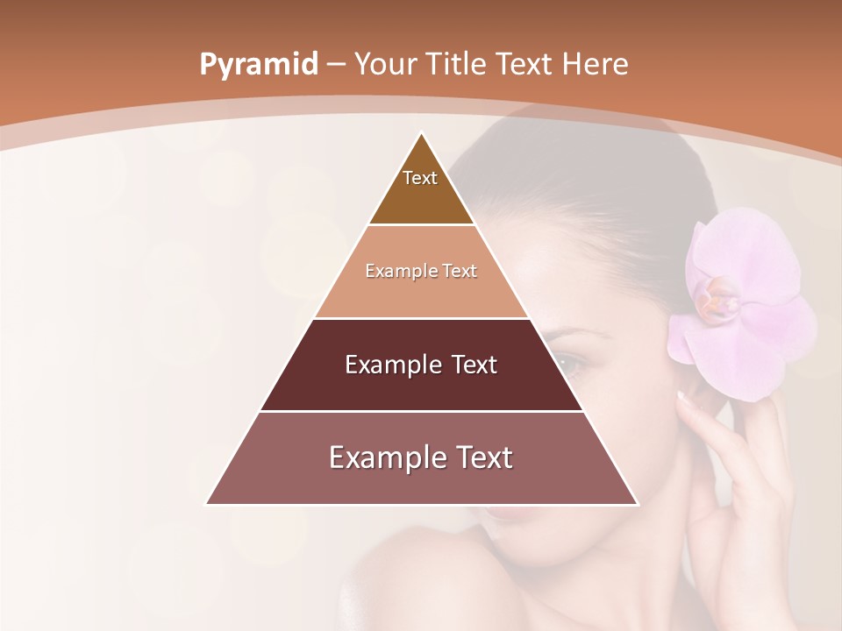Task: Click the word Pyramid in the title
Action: (x=258, y=65)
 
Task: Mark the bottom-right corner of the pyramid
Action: (x=636, y=504)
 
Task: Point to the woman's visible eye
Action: (x=566, y=361)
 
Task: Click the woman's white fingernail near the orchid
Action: (x=683, y=397)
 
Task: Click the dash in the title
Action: (x=336, y=65)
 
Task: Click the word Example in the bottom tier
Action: (x=381, y=458)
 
